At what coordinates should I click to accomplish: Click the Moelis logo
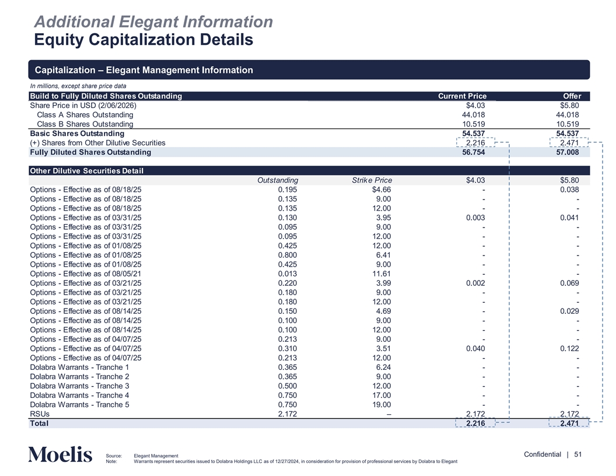tap(60, 454)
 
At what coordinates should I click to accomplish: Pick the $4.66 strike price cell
tap(379, 190)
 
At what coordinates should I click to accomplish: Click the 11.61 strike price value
tap(380, 274)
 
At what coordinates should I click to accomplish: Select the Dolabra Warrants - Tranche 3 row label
tap(79, 386)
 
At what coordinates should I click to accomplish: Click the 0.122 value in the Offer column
tap(568, 348)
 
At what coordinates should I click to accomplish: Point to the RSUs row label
tap(40, 414)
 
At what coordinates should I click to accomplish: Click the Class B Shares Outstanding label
tap(85, 124)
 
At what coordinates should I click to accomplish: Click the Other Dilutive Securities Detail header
tap(86, 171)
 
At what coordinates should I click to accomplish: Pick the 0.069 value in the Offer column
tap(568, 283)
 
